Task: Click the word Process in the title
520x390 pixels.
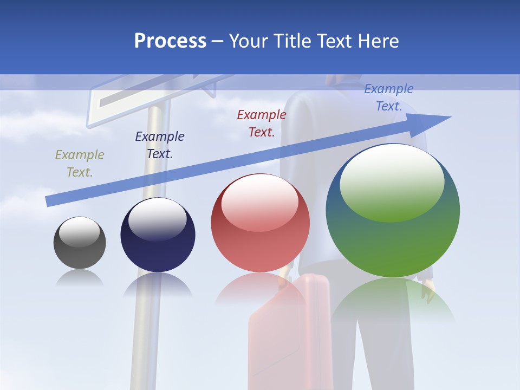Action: (170, 41)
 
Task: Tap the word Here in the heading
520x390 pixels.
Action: (377, 41)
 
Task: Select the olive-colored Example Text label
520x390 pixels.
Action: (79, 163)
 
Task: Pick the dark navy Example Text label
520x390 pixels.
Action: (159, 145)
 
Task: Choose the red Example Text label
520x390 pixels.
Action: (261, 123)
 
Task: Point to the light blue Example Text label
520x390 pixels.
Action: (388, 97)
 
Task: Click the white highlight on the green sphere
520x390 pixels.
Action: (392, 181)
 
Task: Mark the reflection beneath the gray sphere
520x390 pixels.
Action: (80, 278)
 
